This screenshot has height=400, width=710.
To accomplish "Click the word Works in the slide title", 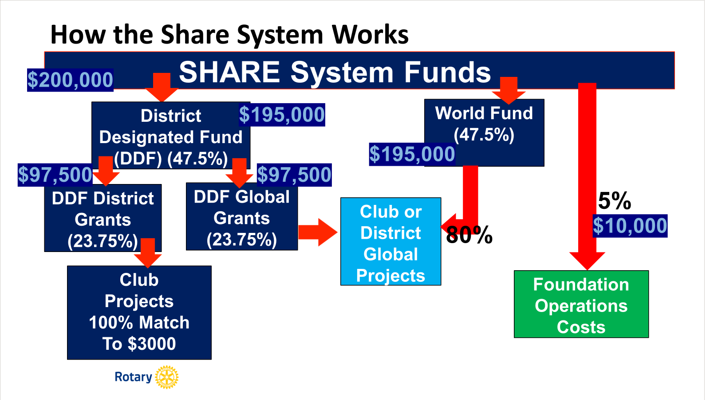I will pyautogui.click(x=370, y=35).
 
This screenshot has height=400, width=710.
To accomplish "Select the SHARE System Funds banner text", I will pyautogui.click(x=335, y=72).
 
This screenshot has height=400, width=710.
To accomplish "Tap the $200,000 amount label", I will pyautogui.click(x=70, y=80).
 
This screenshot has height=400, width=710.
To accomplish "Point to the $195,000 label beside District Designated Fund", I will pyautogui.click(x=282, y=115).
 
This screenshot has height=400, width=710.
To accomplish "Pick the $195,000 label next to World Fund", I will pyautogui.click(x=412, y=154).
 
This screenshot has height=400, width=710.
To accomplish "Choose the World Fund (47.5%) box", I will pyautogui.click(x=484, y=124).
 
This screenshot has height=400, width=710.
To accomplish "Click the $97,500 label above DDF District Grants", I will pyautogui.click(x=55, y=175).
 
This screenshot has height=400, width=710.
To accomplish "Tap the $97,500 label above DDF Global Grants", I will pyautogui.click(x=294, y=175).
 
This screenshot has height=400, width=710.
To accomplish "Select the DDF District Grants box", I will pyautogui.click(x=103, y=219).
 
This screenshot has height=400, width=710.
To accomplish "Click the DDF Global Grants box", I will pyautogui.click(x=242, y=218).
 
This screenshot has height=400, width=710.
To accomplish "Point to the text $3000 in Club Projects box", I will pyautogui.click(x=151, y=344).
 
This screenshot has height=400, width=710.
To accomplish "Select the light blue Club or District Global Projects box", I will pyautogui.click(x=390, y=242).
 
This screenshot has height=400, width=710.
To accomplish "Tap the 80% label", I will pyautogui.click(x=469, y=235).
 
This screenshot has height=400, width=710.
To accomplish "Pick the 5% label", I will pyautogui.click(x=615, y=201).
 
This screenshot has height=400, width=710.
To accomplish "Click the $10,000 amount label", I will pyautogui.click(x=630, y=226).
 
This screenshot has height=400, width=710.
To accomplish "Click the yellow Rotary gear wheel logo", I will pyautogui.click(x=167, y=377).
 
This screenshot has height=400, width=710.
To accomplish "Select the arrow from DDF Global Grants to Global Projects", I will pyautogui.click(x=317, y=232).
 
